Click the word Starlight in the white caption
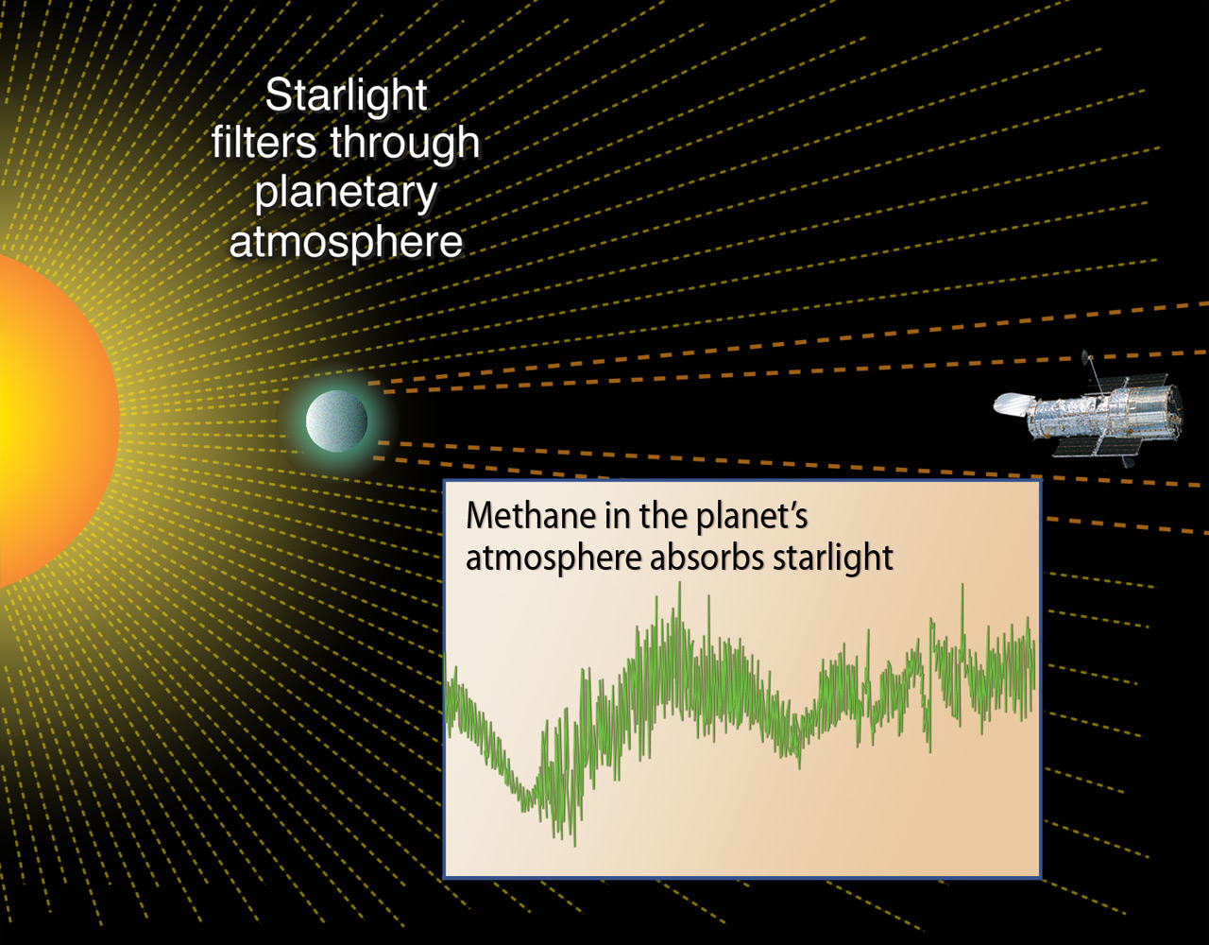click(346, 96)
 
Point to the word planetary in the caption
click(346, 193)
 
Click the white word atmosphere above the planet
click(346, 242)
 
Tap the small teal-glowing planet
click(336, 421)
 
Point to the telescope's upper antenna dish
click(1084, 357)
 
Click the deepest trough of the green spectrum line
click(573, 841)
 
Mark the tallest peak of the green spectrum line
click(678, 586)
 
